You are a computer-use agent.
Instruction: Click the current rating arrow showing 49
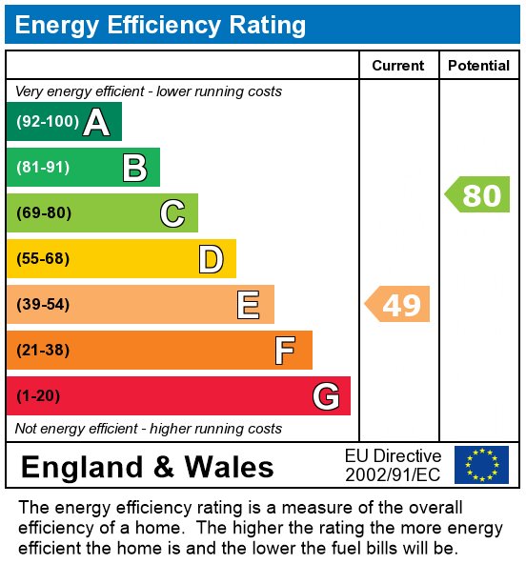[x=398, y=305]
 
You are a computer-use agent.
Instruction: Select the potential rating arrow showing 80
[x=478, y=195]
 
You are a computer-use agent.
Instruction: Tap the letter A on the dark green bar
[x=95, y=122]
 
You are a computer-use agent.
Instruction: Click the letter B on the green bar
[x=134, y=168]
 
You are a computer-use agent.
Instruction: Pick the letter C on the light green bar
[x=172, y=213]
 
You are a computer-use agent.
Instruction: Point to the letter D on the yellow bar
[x=211, y=259]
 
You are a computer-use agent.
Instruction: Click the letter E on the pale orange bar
[x=248, y=305]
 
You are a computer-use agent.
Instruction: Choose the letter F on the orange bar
[x=285, y=351]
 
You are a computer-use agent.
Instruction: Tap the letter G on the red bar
[x=326, y=396]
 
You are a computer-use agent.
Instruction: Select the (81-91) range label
[x=43, y=168]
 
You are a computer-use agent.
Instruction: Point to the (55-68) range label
[x=43, y=259]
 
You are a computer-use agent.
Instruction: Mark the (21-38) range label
[x=43, y=351]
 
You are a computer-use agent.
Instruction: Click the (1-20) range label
[x=39, y=396]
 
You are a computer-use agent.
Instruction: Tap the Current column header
[x=397, y=66]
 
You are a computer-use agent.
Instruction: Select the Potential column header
[x=478, y=66]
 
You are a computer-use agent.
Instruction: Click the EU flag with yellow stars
[x=481, y=465]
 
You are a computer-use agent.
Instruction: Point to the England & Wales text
[x=147, y=467]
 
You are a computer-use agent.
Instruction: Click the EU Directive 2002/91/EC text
[x=393, y=465]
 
